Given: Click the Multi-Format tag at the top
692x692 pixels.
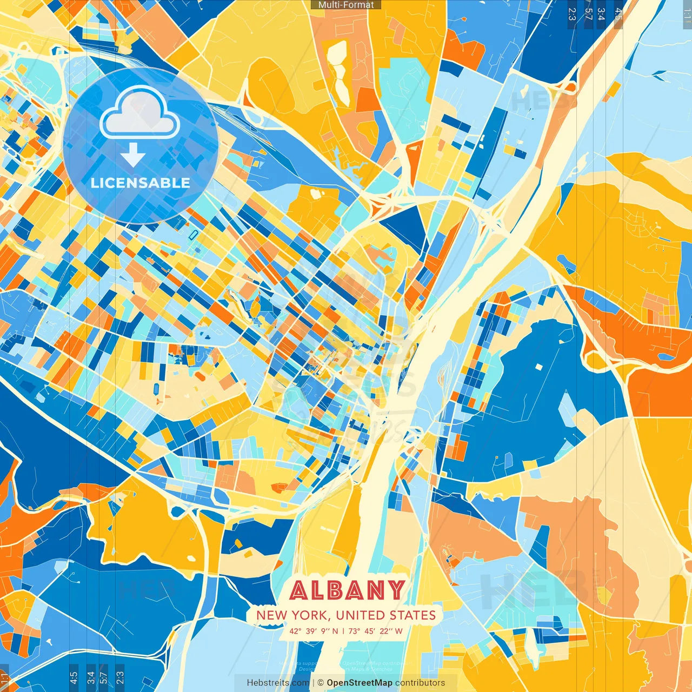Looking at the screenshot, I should click(346, 5).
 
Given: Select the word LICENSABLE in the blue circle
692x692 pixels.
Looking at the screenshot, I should click(141, 183).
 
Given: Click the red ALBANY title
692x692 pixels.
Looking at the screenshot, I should click(347, 590).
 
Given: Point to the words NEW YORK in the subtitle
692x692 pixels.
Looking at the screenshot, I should click(293, 615).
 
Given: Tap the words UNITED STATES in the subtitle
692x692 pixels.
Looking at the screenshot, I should click(385, 615).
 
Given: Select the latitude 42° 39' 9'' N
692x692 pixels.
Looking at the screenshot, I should click(314, 631).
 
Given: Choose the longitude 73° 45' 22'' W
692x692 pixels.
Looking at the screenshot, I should click(375, 631).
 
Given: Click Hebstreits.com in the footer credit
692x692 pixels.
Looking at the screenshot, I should click(278, 683).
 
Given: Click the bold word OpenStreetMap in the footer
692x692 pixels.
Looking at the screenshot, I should click(360, 683).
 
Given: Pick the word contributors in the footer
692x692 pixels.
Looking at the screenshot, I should click(420, 683).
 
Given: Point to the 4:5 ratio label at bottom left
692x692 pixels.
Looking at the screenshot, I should click(74, 678).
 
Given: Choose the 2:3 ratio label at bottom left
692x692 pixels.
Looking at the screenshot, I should click(120, 678).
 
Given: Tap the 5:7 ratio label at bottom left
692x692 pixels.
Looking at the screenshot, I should click(103, 678).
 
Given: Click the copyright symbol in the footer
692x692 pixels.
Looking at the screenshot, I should click(321, 683).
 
